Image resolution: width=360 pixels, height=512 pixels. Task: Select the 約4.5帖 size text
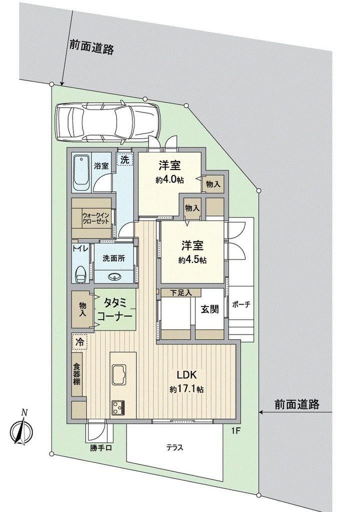point(192,260)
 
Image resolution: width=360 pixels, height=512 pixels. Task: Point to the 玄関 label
point(209,309)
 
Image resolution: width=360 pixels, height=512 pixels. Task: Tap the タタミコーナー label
point(115,309)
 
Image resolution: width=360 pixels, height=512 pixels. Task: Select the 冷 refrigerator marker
point(79,342)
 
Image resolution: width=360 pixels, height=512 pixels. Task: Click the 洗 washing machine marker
point(125,160)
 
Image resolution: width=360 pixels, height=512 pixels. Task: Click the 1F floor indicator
point(236,431)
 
